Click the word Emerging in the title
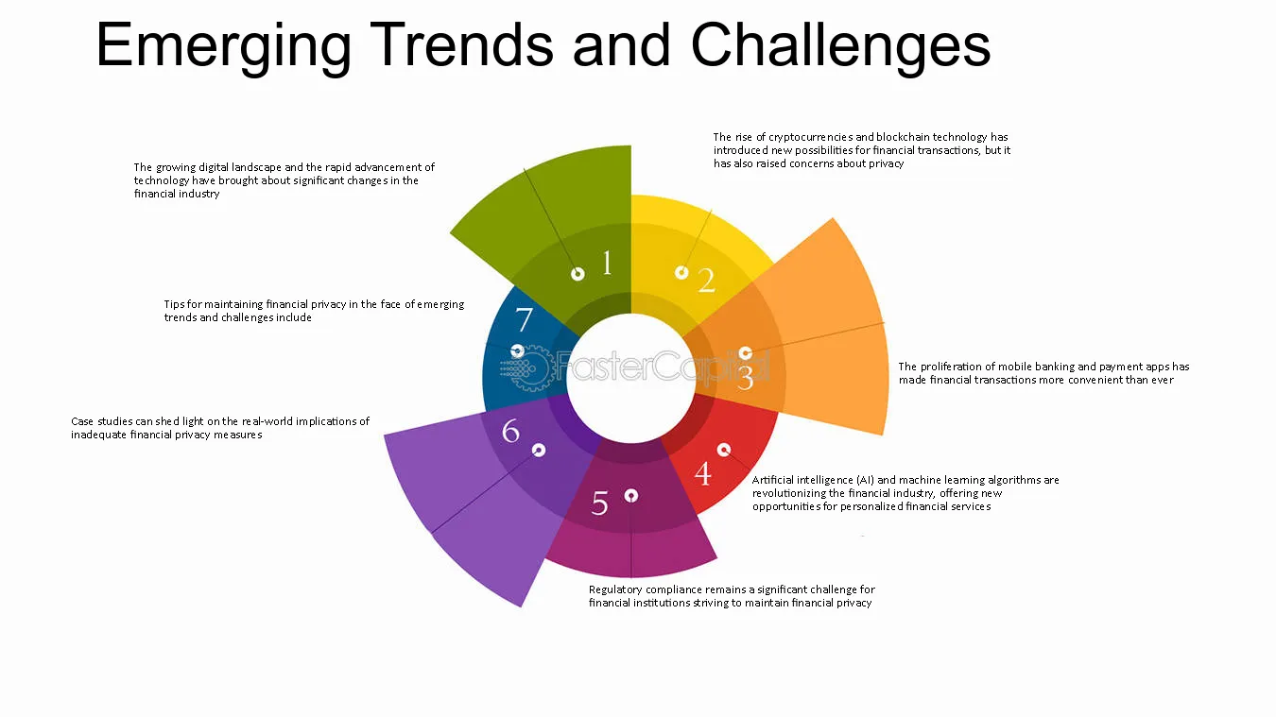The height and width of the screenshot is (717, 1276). pos(223,46)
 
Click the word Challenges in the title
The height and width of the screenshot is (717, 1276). pos(840,46)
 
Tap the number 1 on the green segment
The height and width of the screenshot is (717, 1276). pos(607,263)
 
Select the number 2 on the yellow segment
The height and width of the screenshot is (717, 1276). pos(706,281)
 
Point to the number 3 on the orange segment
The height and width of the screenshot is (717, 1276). pos(745,377)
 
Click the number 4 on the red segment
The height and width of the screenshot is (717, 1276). pos(703,473)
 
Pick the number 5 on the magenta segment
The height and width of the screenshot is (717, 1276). pos(599,503)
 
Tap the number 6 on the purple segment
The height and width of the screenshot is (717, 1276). pos(510,431)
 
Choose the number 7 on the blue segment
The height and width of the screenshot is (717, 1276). pos(524,319)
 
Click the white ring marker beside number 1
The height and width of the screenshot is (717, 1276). pos(578,274)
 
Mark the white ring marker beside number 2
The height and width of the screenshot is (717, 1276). pos(681,273)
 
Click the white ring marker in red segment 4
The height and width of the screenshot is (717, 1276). pos(723,450)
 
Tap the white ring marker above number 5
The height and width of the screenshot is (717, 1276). pos(630,495)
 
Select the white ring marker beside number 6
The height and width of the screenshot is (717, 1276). pos(539,451)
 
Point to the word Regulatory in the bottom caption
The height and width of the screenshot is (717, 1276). pos(615,590)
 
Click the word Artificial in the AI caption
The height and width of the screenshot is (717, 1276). pos(772,480)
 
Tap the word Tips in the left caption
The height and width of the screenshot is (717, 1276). pos(174,305)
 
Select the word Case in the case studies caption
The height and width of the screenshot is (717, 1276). pos(82,421)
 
